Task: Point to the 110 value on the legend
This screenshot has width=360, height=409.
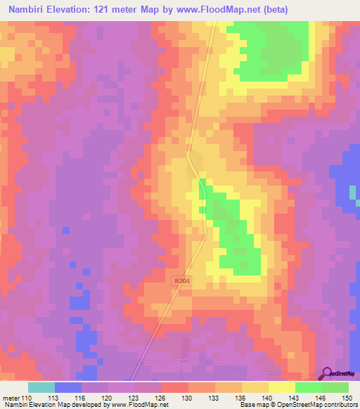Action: (27, 398)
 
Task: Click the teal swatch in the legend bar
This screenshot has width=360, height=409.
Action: (41, 387)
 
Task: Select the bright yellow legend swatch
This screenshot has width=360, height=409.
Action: (281, 387)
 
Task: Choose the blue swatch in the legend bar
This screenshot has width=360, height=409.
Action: (67, 387)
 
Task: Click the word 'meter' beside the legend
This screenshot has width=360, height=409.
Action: (10, 398)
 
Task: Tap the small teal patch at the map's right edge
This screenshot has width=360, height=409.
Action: (353, 193)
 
